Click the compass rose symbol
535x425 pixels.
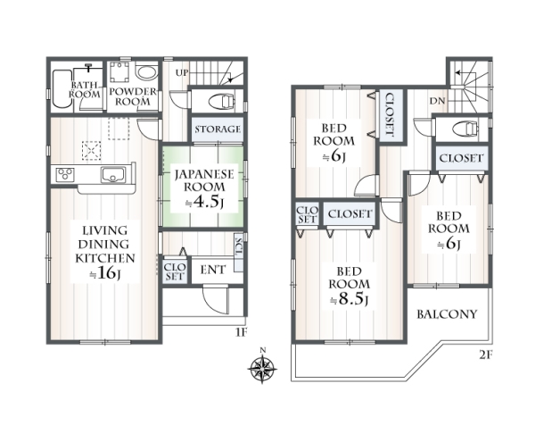click(x=262, y=368)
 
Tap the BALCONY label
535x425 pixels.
click(x=447, y=314)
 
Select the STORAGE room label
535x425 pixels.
click(x=218, y=129)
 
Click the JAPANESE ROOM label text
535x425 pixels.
click(x=204, y=180)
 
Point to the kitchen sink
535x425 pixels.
click(x=113, y=175)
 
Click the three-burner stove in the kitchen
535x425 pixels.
click(x=65, y=175)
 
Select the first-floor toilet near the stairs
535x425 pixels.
click(x=221, y=101)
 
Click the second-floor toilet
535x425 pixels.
click(x=465, y=129)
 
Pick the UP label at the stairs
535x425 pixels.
click(x=182, y=73)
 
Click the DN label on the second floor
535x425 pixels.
click(x=437, y=101)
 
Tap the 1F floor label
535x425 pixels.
click(x=241, y=332)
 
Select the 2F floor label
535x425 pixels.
click(x=486, y=355)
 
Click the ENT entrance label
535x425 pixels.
click(x=212, y=270)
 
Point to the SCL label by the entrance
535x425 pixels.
click(x=239, y=247)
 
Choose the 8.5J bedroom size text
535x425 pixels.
click(x=349, y=300)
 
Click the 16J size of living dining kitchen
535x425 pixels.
click(x=105, y=273)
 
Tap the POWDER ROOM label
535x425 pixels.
click(x=133, y=96)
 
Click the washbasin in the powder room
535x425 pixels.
click(x=147, y=72)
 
